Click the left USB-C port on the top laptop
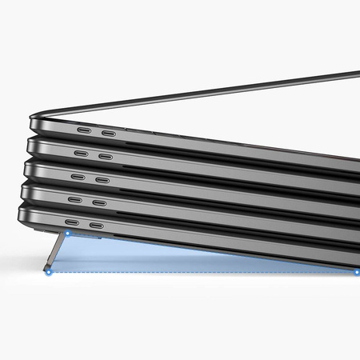point(84,130)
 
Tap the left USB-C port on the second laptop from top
point(81,153)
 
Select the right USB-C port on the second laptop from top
point(105,155)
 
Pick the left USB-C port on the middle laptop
point(78,177)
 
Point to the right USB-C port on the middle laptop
point(102,179)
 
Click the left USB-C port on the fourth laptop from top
point(74,199)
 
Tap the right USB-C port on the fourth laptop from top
point(98,202)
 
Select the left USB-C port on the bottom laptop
point(72,223)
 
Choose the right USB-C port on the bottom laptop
point(96,226)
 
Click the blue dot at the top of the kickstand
point(68,235)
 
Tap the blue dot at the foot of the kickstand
point(49,272)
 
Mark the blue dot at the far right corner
point(356,272)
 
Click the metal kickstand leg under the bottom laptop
point(58,254)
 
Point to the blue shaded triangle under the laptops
point(160,260)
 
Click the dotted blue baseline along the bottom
point(200,272)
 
